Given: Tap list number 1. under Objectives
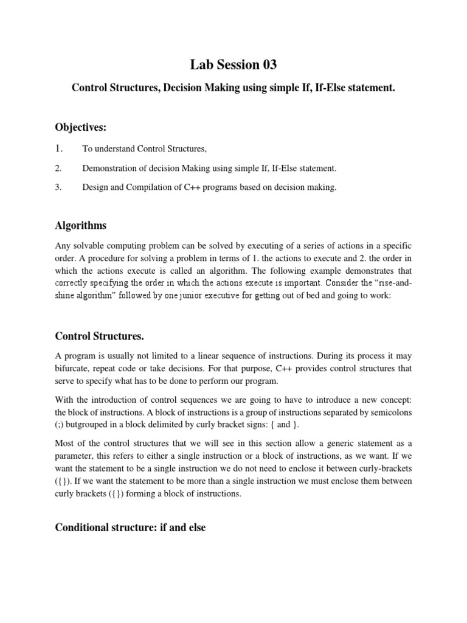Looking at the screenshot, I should (60, 148).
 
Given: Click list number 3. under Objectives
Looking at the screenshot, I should (59, 188).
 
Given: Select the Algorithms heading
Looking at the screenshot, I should (81, 225).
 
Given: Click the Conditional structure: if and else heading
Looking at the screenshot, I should (131, 527).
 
